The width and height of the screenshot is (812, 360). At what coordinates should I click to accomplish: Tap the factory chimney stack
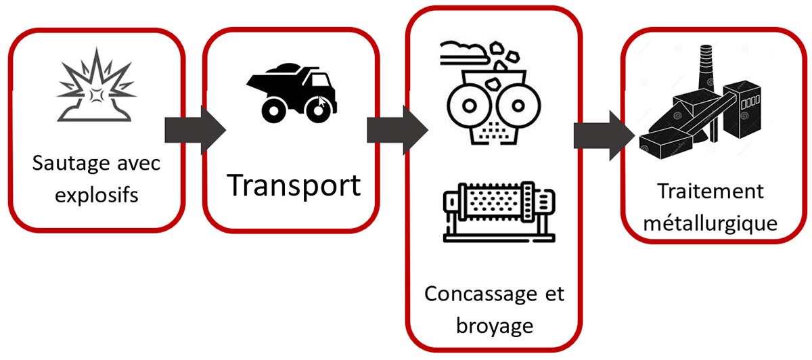pyautogui.click(x=706, y=75)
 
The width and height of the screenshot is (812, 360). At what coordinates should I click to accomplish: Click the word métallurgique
pyautogui.click(x=710, y=223)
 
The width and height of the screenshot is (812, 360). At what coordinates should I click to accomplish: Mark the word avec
pyautogui.click(x=139, y=165)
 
